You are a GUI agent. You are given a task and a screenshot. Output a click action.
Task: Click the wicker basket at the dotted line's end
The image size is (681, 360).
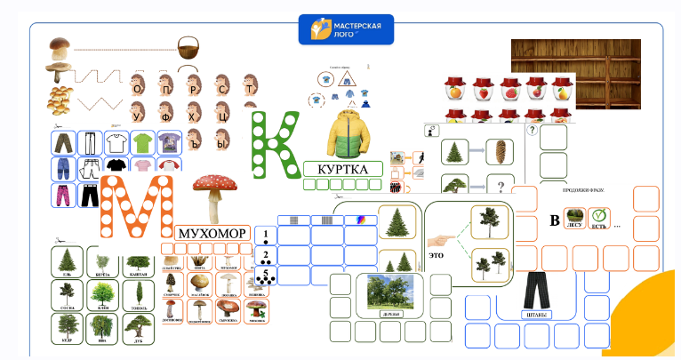(x=188, y=47)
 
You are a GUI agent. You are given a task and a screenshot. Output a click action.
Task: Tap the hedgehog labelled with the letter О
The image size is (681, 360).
(x=137, y=87)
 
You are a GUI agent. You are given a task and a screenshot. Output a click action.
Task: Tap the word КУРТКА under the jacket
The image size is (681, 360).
(x=342, y=169)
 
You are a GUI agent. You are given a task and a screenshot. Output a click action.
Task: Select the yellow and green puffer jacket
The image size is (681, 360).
(x=343, y=133)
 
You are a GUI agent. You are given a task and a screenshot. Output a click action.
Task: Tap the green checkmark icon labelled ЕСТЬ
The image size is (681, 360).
(x=599, y=217)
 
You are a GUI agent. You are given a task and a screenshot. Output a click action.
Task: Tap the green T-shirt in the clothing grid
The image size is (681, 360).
(x=142, y=142)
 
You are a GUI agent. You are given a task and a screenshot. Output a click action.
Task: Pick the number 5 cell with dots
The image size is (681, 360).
(x=265, y=276)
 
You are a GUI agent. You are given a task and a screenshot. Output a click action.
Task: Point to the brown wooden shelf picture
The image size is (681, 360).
(x=575, y=59)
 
